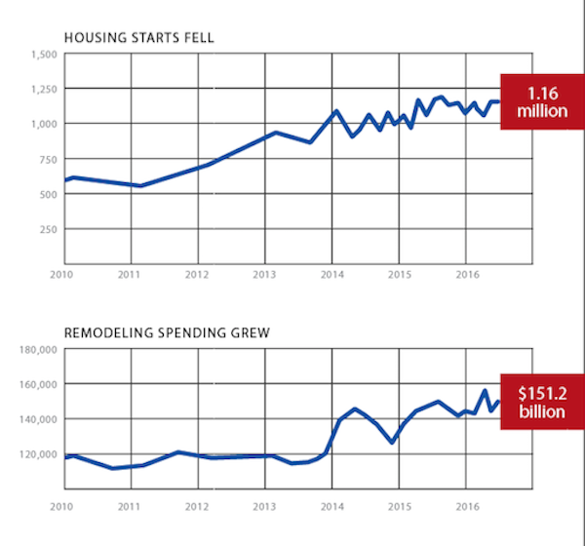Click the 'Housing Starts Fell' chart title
point(139,38)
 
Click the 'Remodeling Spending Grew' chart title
point(167,332)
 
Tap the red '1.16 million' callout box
point(542,101)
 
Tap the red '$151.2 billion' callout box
point(542,402)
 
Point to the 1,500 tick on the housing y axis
point(45,55)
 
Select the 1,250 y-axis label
point(45,89)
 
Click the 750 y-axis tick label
point(49,159)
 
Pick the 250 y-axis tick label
point(49,229)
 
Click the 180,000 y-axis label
point(38,350)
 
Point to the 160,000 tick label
point(38,384)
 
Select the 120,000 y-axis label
point(38,454)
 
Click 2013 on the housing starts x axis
point(264,275)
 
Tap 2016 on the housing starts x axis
point(467,275)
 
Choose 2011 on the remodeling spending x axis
point(129,507)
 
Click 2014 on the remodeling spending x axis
point(332,507)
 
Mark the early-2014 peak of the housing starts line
point(336,111)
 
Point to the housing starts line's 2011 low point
point(140,185)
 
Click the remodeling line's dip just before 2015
point(392,443)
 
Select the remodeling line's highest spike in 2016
point(485,390)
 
